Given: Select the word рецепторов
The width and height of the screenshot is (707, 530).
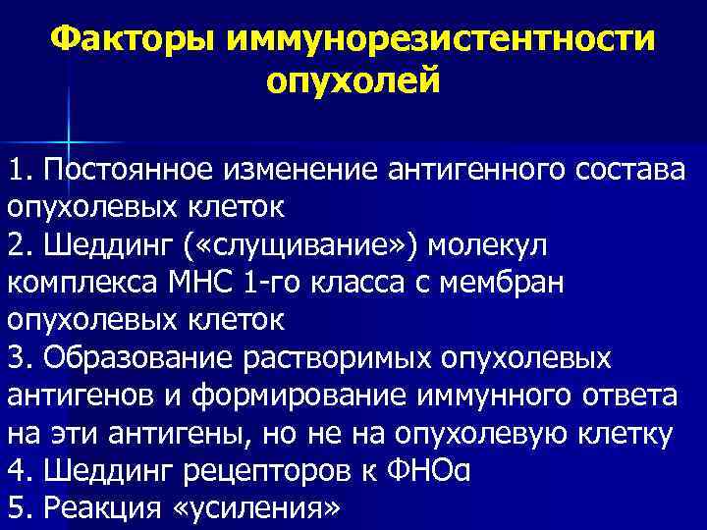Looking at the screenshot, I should (288, 469).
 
